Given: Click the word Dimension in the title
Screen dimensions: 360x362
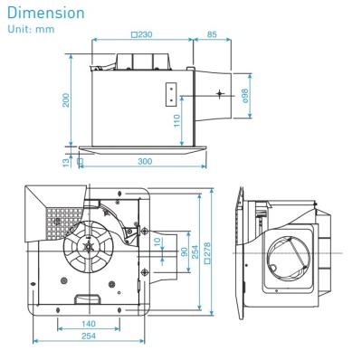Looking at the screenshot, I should coord(45,15).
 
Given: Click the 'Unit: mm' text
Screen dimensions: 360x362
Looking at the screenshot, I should coord(26,31).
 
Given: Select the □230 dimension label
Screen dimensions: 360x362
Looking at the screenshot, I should coord(140,34).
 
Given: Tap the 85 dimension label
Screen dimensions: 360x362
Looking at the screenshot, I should coord(210,34).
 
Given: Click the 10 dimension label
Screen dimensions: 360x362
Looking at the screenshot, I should coord(157,242).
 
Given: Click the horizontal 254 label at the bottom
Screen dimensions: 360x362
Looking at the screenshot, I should coord(88,335).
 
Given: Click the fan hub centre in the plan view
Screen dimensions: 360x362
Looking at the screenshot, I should coord(90,246).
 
